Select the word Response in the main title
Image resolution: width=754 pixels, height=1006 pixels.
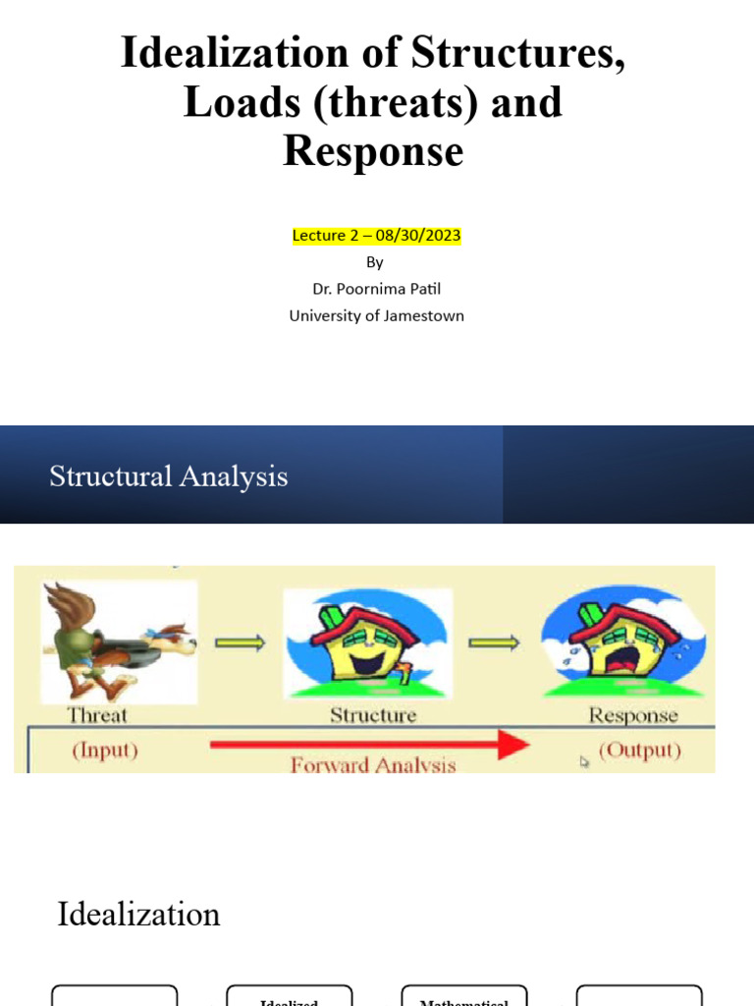[x=373, y=151]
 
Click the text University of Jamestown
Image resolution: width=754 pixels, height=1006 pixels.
[x=376, y=315]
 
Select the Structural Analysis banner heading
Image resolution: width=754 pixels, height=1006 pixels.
[x=169, y=476]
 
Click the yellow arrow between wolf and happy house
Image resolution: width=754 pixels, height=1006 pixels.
[x=240, y=643]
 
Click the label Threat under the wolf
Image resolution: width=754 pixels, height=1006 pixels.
[x=97, y=715]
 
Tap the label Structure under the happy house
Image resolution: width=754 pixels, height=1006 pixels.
[x=373, y=715]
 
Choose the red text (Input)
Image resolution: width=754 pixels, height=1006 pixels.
[x=105, y=751]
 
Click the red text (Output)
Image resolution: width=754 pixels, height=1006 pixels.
[x=639, y=751]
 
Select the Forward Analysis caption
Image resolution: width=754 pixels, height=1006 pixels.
[x=373, y=764]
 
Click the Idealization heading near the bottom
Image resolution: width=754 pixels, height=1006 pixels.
[x=138, y=915]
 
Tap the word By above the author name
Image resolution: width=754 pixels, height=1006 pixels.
[x=375, y=262]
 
